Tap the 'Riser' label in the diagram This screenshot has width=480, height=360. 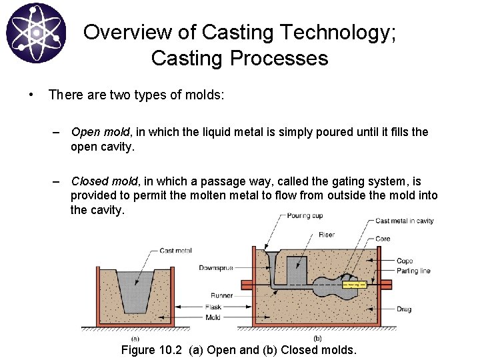[x=327, y=235]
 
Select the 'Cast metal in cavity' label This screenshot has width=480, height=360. [x=404, y=221]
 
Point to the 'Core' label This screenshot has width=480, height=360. [x=383, y=239]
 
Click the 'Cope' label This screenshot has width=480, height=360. [x=404, y=261]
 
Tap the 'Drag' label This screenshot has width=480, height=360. [x=404, y=309]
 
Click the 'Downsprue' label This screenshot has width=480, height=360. [x=215, y=268]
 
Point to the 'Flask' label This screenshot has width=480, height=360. [x=213, y=307]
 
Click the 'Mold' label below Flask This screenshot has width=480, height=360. [x=213, y=317]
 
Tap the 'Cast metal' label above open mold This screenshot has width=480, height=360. [x=176, y=251]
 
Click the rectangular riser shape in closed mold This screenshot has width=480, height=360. [x=296, y=270]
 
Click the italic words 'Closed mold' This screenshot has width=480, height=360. [x=105, y=181]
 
